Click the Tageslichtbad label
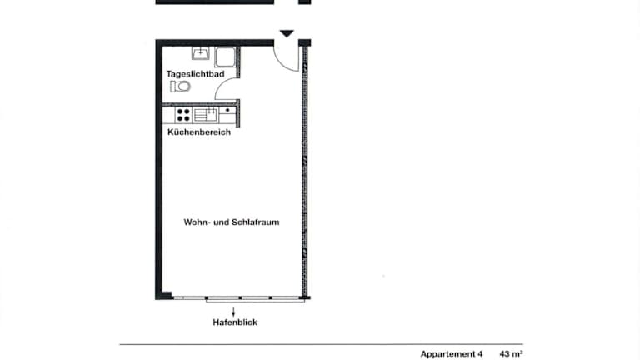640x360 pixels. tap(195, 74)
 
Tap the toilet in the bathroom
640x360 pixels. tap(180, 87)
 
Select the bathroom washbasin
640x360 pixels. tap(200, 53)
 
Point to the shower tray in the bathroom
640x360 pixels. tap(225, 57)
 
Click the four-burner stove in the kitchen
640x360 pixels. tap(183, 115)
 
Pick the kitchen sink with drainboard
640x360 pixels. tap(205, 115)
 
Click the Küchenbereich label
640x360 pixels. tap(199, 132)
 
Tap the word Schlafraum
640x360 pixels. tap(256, 222)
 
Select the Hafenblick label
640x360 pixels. tap(235, 322)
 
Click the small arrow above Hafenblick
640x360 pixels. tap(233, 312)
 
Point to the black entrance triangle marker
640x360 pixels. tap(287, 33)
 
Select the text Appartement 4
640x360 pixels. tap(452, 354)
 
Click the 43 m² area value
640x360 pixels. tap(511, 353)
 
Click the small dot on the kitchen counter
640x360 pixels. tap(227, 110)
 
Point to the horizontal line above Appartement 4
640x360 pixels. tap(321, 344)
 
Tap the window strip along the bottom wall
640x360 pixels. tap(239, 298)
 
